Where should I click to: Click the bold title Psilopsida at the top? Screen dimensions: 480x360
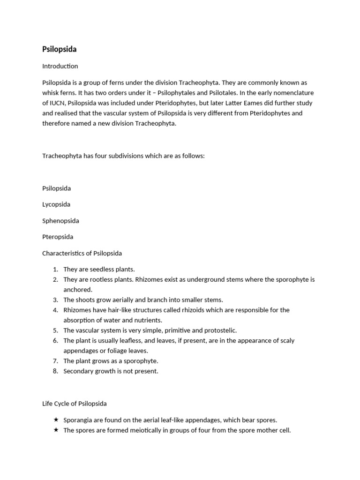[60, 49]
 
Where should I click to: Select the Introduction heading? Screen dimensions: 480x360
[60, 66]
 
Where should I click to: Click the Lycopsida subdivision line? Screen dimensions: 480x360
[56, 204]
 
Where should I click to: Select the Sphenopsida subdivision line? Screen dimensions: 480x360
[60, 221]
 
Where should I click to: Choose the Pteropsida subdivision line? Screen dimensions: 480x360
[58, 237]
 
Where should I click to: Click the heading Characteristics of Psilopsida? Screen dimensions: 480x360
[82, 253]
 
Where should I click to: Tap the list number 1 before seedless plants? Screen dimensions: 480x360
[55, 270]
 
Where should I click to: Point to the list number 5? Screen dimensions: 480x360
[55, 330]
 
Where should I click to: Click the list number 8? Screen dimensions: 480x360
[55, 371]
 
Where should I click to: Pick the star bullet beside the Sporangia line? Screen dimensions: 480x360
[56, 420]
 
